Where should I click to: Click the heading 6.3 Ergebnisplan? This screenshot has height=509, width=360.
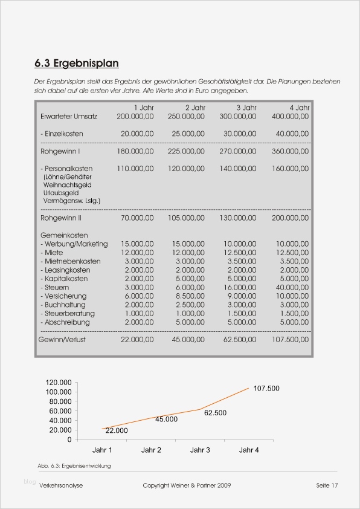click(x=76, y=63)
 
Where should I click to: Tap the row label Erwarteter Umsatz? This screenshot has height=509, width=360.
click(x=69, y=116)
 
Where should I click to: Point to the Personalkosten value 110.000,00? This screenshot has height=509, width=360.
click(x=135, y=169)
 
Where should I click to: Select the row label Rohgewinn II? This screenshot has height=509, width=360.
click(x=61, y=218)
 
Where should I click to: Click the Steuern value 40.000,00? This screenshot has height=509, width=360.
click(x=290, y=288)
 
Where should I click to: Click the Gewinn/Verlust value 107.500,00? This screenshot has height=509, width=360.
click(x=288, y=340)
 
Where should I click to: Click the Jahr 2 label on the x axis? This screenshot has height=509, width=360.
click(x=151, y=450)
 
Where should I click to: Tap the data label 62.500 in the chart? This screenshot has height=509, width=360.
click(x=215, y=413)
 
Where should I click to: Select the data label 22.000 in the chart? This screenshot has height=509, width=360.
click(x=117, y=430)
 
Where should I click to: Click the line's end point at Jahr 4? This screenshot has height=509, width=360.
click(x=248, y=387)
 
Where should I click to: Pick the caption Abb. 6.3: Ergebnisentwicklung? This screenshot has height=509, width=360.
click(x=74, y=466)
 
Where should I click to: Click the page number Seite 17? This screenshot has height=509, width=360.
click(x=326, y=485)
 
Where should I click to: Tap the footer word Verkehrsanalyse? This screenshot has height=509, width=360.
click(x=61, y=485)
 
